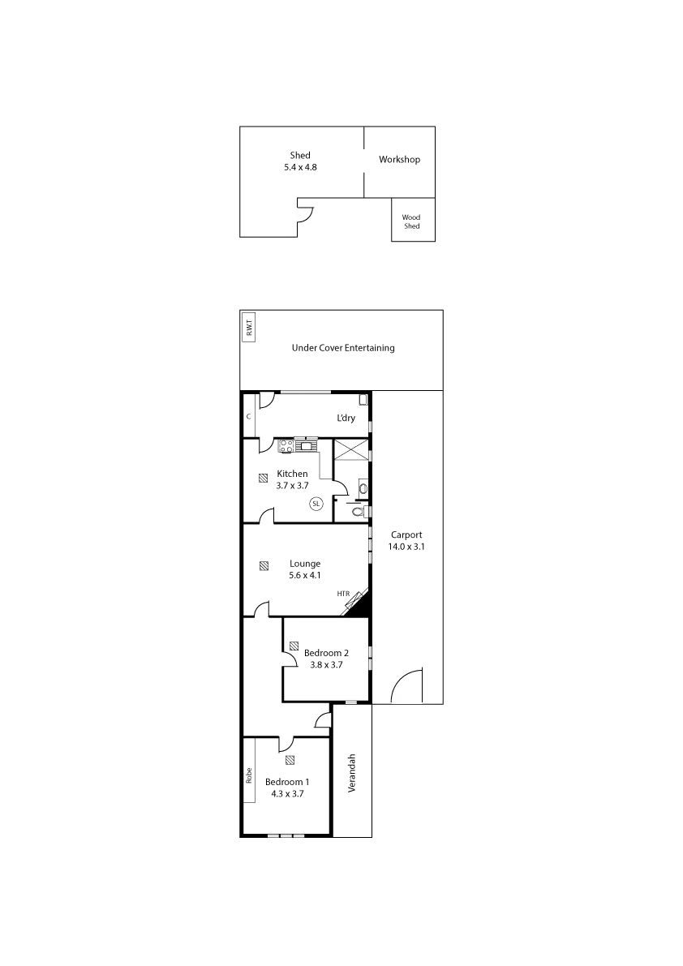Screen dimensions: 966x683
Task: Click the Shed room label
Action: [299, 155]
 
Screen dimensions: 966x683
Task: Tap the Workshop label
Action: [399, 161]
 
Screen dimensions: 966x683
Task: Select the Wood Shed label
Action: [412, 222]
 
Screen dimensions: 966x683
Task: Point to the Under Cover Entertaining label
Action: [344, 349]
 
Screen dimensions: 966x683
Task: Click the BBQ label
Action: [250, 328]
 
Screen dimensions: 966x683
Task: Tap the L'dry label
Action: [347, 419]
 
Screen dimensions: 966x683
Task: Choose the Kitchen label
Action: [292, 474]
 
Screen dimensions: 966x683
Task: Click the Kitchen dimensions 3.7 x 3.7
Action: [292, 485]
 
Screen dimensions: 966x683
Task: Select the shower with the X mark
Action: [351, 449]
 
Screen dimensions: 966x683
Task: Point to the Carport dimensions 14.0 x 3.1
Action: [407, 547]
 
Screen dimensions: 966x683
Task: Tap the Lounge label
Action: [306, 564]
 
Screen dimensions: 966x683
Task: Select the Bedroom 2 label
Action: [326, 653]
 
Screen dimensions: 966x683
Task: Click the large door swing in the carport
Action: [408, 683]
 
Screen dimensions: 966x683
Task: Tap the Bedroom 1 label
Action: [288, 783]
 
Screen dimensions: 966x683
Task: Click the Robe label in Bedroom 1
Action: [250, 775]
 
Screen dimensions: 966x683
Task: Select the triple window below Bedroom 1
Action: [286, 835]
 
